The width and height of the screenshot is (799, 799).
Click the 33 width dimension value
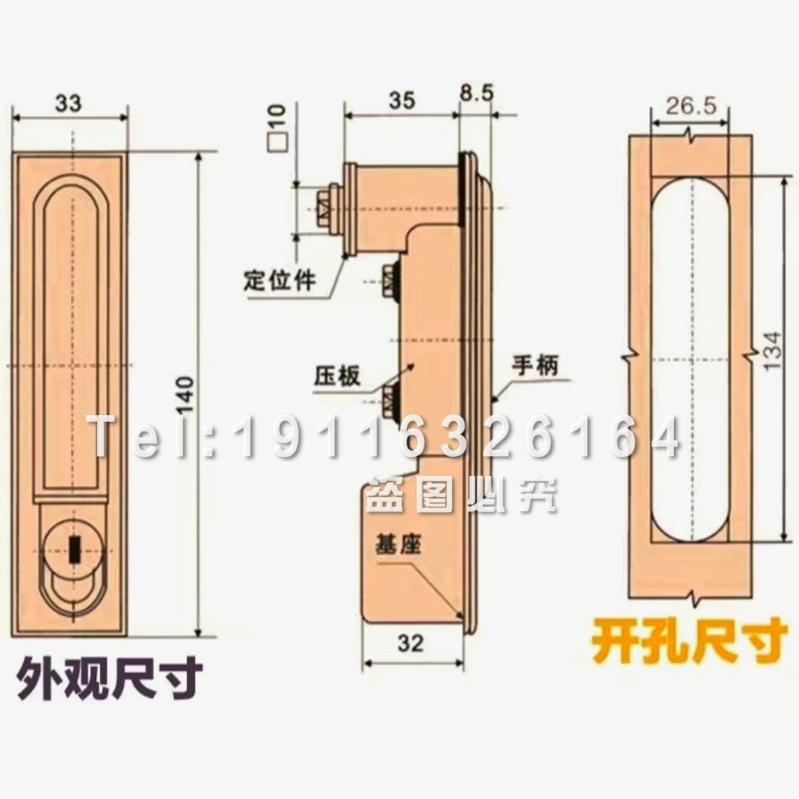pyautogui.click(x=68, y=104)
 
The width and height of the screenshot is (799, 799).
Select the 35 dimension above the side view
pyautogui.click(x=401, y=100)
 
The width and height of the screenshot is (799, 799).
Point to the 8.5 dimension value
pyautogui.click(x=477, y=94)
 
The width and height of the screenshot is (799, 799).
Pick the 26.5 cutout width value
pyautogui.click(x=691, y=107)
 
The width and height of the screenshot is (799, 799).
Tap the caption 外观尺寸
pyautogui.click(x=109, y=675)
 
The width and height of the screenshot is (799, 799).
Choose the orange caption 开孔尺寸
pyautogui.click(x=687, y=645)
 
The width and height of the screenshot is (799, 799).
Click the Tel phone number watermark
pyautogui.click(x=385, y=438)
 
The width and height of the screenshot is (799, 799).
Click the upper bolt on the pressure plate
pyautogui.click(x=391, y=282)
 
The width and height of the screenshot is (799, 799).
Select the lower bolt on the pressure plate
pyautogui.click(x=390, y=400)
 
